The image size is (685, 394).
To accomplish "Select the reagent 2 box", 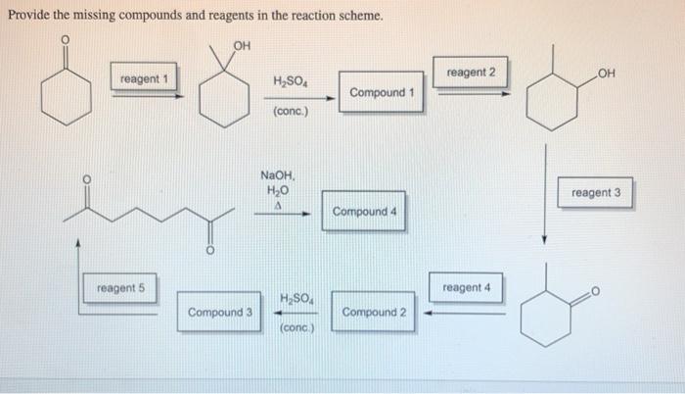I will coord(470,74).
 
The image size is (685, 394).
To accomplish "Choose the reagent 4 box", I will coord(466,287).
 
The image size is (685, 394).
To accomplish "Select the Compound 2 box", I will coord(376,313).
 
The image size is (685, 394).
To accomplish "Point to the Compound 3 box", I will coord(221,313).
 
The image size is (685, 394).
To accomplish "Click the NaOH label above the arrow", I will coord(277,174).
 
